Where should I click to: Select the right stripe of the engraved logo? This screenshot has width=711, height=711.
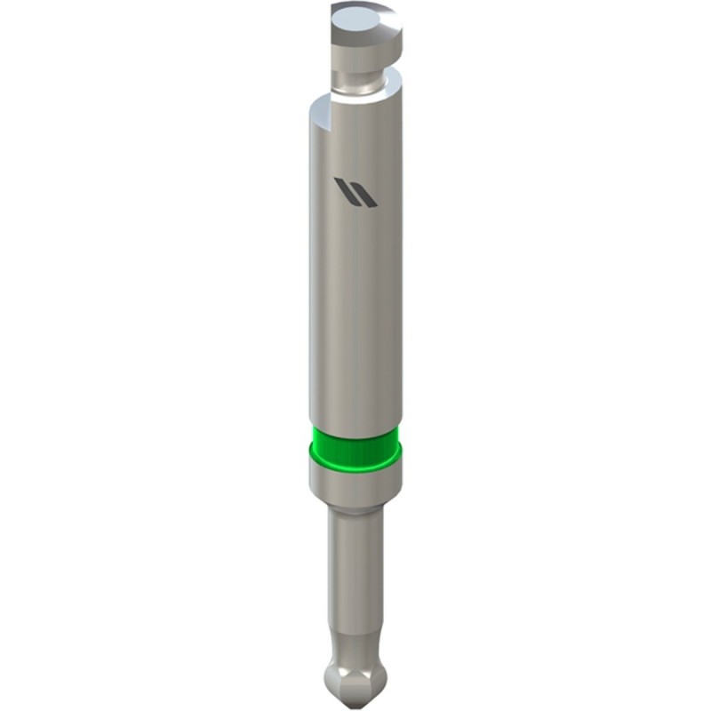click(362, 192)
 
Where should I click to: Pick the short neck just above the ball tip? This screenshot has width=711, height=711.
click(353, 643)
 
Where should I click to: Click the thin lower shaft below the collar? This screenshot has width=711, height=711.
click(353, 569)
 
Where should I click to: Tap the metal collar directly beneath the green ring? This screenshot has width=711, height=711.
click(354, 483)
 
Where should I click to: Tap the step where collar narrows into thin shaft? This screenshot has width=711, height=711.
click(354, 507)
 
